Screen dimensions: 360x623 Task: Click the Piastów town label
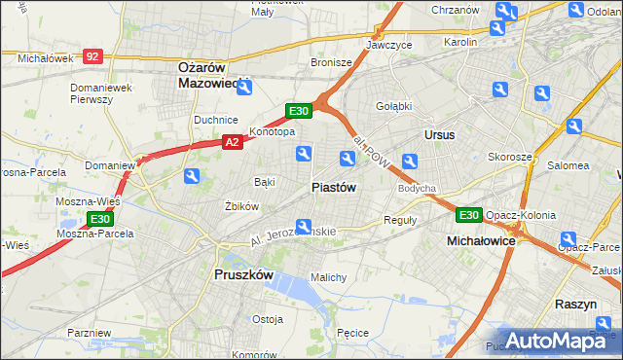334,187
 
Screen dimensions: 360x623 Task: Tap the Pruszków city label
242,274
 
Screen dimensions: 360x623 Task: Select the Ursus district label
439,134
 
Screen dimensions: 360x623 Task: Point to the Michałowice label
479,239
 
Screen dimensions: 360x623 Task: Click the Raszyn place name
574,304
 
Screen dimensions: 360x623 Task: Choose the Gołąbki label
394,105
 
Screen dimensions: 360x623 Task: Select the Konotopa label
272,131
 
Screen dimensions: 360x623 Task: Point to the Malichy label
328,277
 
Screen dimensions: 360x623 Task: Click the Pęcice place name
351,333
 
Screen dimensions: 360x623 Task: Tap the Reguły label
400,220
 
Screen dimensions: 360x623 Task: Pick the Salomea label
568,166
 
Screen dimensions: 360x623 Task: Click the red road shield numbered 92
92,57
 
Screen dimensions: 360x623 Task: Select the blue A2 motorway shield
232,142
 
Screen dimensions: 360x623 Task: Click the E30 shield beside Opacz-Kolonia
469,214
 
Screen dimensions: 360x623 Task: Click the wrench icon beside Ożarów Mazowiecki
244,88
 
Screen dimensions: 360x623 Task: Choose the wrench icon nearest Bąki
192,176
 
